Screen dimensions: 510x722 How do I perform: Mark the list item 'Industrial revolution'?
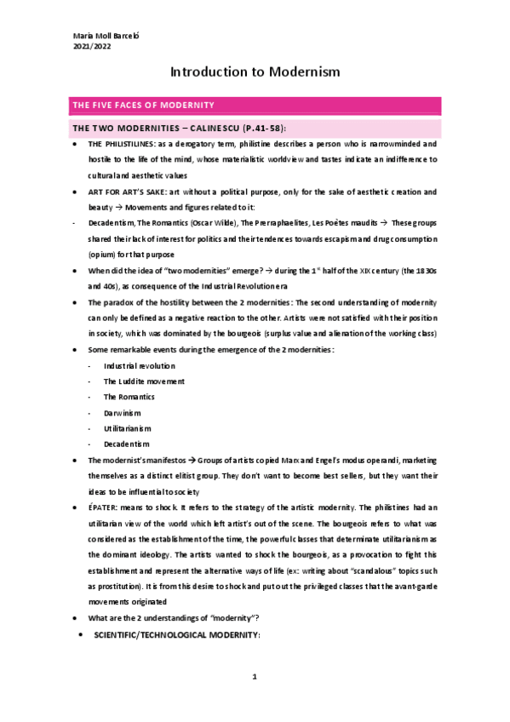click(x=140, y=365)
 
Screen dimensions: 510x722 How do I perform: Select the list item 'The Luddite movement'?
click(x=144, y=381)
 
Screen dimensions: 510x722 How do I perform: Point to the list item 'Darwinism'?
click(x=123, y=413)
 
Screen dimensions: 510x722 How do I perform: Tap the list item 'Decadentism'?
click(x=127, y=444)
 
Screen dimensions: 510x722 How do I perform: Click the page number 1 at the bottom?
click(x=255, y=677)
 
